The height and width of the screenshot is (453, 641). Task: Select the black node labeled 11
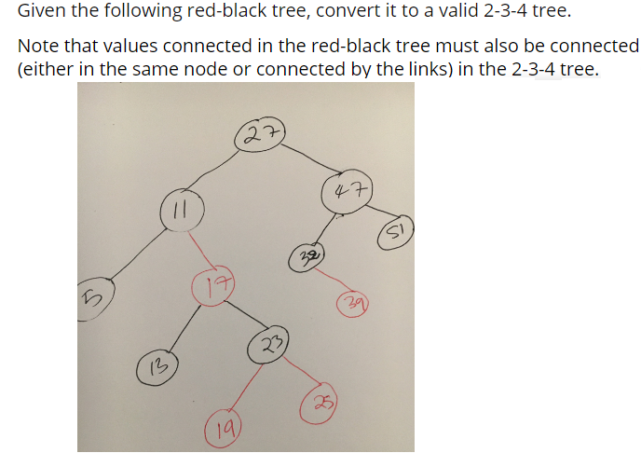click(177, 207)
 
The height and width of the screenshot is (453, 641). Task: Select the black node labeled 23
click(268, 345)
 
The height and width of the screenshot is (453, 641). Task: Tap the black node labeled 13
click(156, 364)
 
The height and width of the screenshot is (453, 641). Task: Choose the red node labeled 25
click(320, 402)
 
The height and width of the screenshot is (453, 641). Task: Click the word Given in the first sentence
click(41, 12)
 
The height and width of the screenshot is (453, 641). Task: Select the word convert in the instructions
click(331, 12)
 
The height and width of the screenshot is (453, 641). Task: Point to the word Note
click(37, 46)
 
